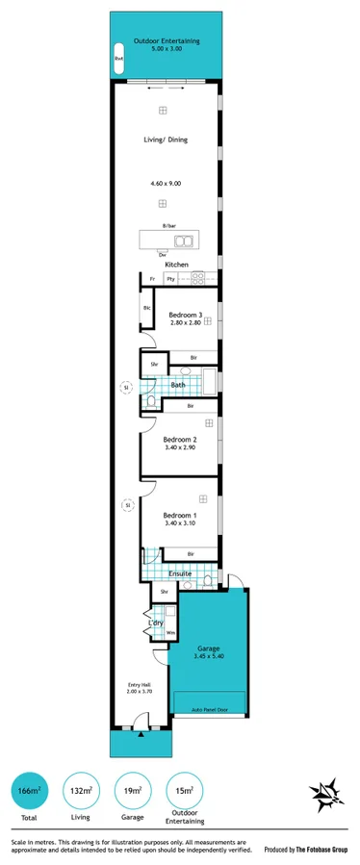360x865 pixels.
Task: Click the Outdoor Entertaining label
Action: [x=167, y=41]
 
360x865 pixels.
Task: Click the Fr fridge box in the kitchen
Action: [x=151, y=279]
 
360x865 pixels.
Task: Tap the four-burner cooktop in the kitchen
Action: [x=197, y=279]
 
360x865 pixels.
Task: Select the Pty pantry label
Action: [x=170, y=279]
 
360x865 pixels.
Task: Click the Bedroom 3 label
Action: [x=185, y=315]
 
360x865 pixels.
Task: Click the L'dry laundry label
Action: [x=155, y=623]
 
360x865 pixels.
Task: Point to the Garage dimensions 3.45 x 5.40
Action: [x=209, y=655]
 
